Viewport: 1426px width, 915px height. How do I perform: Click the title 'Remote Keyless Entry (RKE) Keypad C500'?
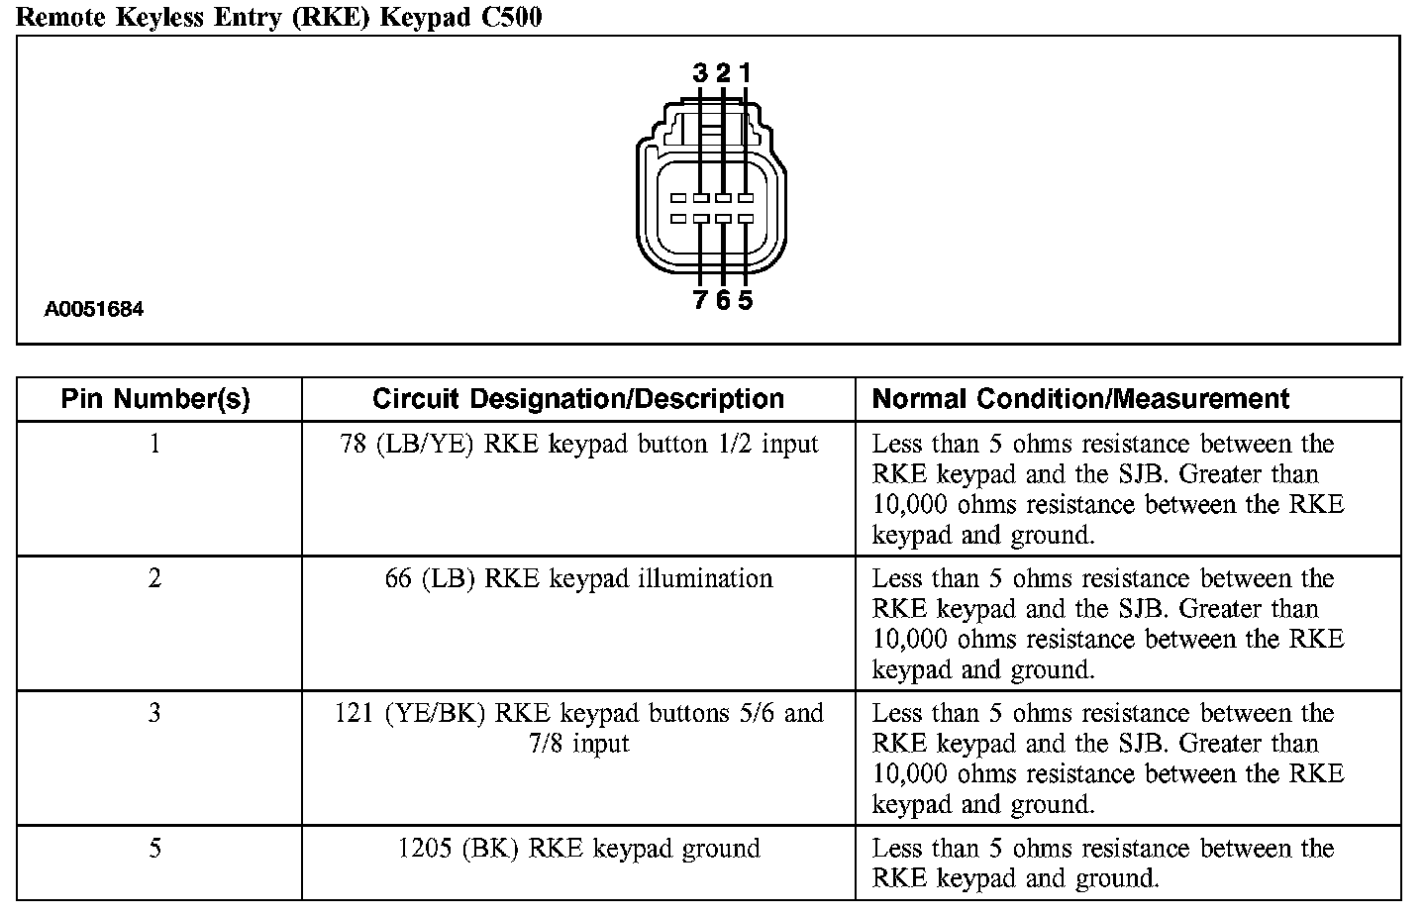coord(280,17)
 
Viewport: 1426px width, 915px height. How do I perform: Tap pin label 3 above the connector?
coord(700,72)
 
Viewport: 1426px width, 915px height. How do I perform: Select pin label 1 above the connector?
coord(745,72)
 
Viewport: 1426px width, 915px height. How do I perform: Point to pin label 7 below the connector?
coord(700,300)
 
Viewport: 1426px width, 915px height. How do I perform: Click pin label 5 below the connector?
coord(745,300)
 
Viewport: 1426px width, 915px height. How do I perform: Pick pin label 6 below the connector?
coord(723,300)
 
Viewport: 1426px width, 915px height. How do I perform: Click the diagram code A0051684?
coord(94,309)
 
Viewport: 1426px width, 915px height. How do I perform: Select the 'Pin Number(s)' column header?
coord(155,399)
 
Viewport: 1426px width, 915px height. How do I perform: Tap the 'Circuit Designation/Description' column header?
coord(578,399)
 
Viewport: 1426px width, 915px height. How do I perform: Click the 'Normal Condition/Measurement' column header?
coord(1080,399)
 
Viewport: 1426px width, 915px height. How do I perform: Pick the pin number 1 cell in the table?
coord(154,444)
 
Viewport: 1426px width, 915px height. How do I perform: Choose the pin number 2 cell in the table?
coord(154,578)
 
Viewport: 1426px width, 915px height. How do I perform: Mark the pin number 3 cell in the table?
coord(154,713)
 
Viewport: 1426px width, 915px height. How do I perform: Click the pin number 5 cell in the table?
coord(154,849)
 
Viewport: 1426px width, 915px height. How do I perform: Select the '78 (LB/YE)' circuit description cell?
coord(579,444)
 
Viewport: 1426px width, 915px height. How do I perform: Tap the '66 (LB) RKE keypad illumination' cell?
coord(579,578)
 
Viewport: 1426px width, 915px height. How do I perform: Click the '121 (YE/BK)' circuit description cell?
coord(579,728)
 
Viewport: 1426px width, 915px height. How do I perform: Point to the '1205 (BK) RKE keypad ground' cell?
coord(579,849)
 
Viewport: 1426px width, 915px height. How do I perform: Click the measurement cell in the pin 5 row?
coord(1102,863)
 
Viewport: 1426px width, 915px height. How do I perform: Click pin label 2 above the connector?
coord(723,72)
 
